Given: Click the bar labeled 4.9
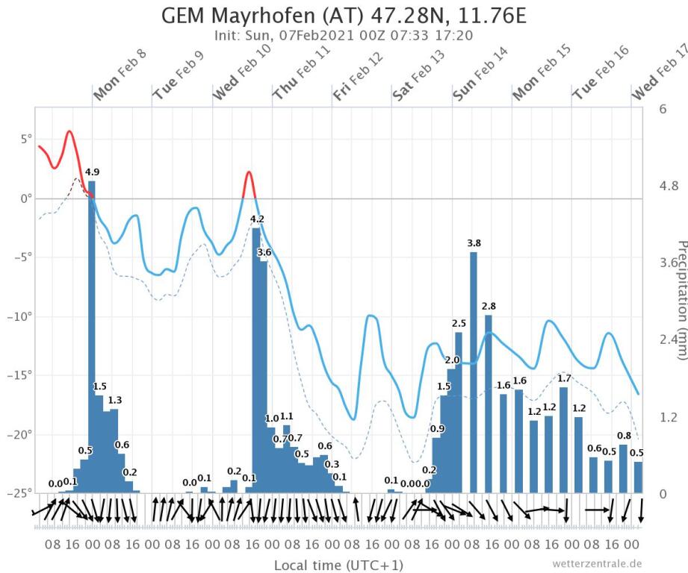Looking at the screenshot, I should [92, 336].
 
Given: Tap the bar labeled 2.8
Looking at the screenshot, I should [489, 403].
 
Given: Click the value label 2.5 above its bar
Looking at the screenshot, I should [459, 323].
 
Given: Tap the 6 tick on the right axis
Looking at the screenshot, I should [662, 109].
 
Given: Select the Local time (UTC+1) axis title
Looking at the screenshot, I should [328, 564].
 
